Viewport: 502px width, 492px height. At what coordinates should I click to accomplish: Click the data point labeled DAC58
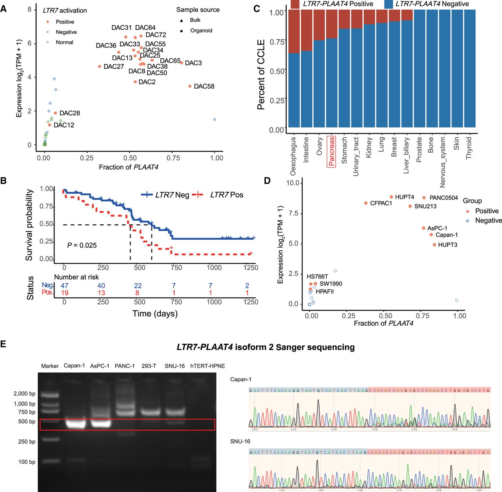click(x=190, y=86)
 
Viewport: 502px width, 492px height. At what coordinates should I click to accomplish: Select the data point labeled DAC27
click(x=100, y=67)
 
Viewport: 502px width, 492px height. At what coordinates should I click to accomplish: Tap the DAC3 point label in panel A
click(x=193, y=63)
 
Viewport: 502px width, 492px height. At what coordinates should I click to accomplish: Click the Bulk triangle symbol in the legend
click(x=182, y=20)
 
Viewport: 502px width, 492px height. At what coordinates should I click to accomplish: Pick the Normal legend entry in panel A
click(x=64, y=42)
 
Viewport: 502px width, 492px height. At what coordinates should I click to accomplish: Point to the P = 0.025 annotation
click(x=82, y=245)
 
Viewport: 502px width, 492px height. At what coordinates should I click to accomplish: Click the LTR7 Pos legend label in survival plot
click(x=226, y=195)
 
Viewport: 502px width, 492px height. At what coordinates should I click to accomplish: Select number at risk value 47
click(x=64, y=286)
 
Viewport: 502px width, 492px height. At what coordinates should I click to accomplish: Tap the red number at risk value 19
click(x=64, y=293)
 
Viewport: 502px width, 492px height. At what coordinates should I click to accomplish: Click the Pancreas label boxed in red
click(x=331, y=151)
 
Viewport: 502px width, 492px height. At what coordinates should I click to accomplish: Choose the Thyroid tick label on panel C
click(x=469, y=148)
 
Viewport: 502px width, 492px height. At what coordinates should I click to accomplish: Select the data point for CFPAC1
click(x=366, y=203)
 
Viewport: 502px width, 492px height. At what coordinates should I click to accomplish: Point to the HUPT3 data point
click(x=434, y=245)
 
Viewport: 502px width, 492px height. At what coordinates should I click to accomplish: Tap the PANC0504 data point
click(x=424, y=198)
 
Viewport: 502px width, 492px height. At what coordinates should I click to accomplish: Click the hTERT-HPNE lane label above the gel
click(x=207, y=366)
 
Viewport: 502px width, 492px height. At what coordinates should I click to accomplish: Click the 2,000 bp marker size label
click(x=24, y=394)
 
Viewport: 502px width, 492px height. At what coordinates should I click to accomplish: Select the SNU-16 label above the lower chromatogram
click(x=240, y=441)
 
